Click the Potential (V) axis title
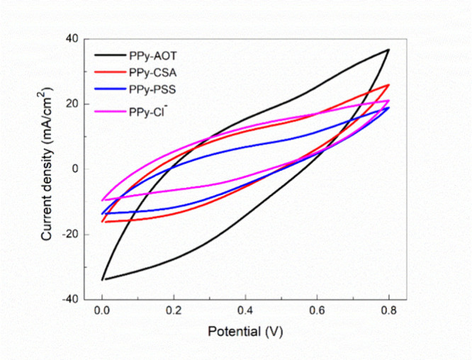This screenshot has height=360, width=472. (x=245, y=332)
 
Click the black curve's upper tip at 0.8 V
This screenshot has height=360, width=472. (x=388, y=50)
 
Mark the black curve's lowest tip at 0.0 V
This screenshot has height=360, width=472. (x=103, y=279)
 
